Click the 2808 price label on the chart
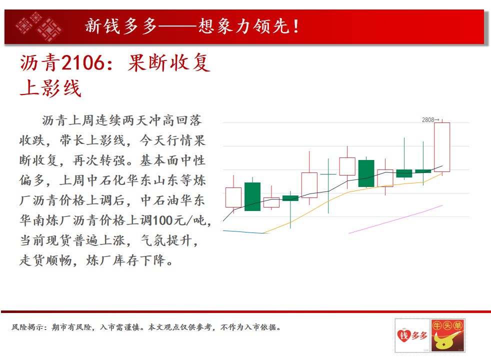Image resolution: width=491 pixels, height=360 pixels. (x=427, y=120)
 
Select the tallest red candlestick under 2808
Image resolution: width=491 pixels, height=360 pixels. (x=442, y=147)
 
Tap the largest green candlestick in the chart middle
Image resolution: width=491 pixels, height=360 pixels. (x=366, y=173)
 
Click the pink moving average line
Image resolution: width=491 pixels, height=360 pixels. (x=395, y=219)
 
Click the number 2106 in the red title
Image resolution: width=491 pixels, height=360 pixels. (x=82, y=62)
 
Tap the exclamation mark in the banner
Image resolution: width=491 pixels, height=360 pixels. (x=295, y=26)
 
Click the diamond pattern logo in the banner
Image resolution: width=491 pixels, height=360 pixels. (x=39, y=26)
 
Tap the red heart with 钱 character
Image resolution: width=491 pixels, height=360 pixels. (x=404, y=336)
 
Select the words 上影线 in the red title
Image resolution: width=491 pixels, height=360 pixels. (x=50, y=87)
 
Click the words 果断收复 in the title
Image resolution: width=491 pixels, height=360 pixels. (x=169, y=62)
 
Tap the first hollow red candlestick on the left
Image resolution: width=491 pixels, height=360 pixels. (x=233, y=197)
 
